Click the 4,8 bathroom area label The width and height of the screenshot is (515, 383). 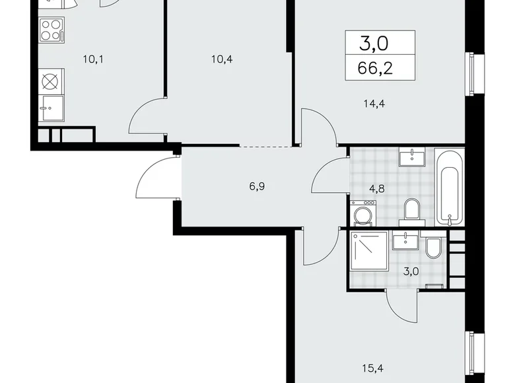click(x=377, y=187)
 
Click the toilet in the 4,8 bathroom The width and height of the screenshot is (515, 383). click(x=411, y=209)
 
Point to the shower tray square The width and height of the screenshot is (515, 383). click(x=369, y=251)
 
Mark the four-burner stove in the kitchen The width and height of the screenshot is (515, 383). click(x=50, y=29)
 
